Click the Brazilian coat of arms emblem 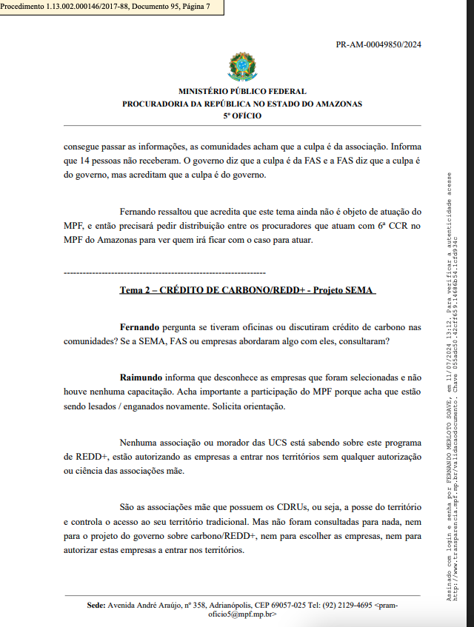click(241, 67)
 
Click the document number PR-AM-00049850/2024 click(378, 44)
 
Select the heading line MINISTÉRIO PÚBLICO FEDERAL click(241, 92)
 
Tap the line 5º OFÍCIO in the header click(241, 115)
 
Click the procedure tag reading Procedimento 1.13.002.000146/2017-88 click(106, 6)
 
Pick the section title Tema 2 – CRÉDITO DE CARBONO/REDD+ click(247, 290)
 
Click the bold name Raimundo click(141, 378)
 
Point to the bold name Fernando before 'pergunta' click(139, 326)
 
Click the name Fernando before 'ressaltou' click(139, 211)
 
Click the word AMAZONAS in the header click(336, 104)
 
